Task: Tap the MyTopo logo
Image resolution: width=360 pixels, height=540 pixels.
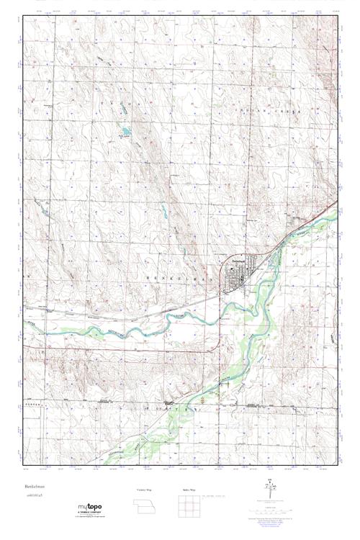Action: [x=91, y=510]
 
